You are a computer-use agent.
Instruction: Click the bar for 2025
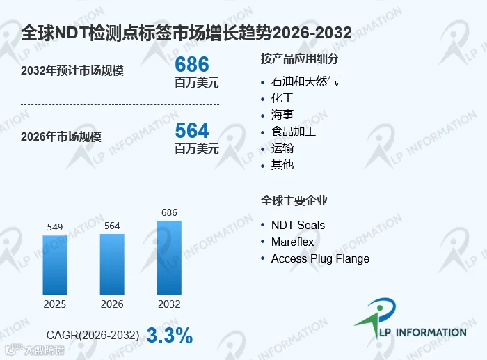pos(55,265)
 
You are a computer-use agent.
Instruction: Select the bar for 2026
pos(112,264)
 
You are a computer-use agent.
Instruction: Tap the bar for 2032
pos(169,258)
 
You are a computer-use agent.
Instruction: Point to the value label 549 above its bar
pos(55,227)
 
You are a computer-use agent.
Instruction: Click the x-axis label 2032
pos(169,304)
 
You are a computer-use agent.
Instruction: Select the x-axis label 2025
pos(55,304)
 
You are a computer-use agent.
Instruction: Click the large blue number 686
pos(192,64)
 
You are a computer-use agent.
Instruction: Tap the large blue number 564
pos(192,130)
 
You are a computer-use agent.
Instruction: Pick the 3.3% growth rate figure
pos(170,336)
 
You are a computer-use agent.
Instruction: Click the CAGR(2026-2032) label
pos(93,335)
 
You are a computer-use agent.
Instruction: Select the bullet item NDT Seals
pos(298,225)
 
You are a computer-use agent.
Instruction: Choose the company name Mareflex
pos(292,242)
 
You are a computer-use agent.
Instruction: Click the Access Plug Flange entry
pos(320,258)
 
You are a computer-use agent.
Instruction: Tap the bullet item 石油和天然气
pos(305,81)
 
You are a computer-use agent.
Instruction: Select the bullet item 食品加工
pos(293,132)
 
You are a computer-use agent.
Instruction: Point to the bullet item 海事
pos(282,115)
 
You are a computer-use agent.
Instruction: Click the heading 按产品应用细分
pos(300,58)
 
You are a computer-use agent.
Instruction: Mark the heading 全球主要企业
pos(294,201)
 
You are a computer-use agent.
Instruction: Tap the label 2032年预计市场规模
pos(72,70)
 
